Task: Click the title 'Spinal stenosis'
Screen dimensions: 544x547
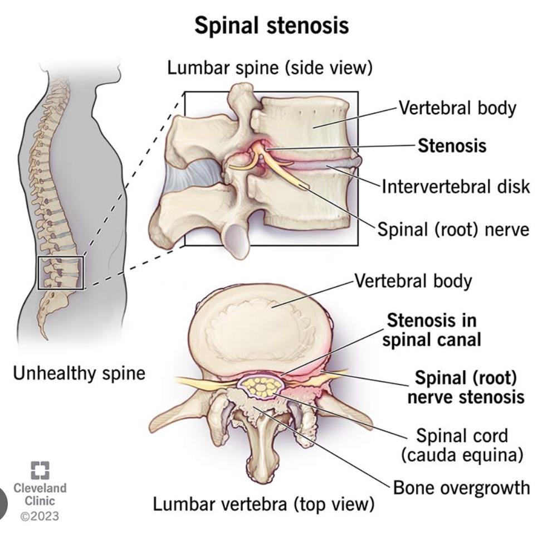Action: click(x=272, y=26)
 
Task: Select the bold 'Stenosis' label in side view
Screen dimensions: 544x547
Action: click(x=452, y=146)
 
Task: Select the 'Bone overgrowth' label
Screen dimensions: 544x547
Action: click(x=461, y=488)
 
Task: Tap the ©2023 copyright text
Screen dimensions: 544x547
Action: click(x=39, y=516)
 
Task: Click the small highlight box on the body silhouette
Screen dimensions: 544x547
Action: click(x=60, y=273)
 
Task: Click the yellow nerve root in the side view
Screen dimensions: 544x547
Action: click(x=281, y=167)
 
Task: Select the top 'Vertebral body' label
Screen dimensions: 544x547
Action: click(x=456, y=108)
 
